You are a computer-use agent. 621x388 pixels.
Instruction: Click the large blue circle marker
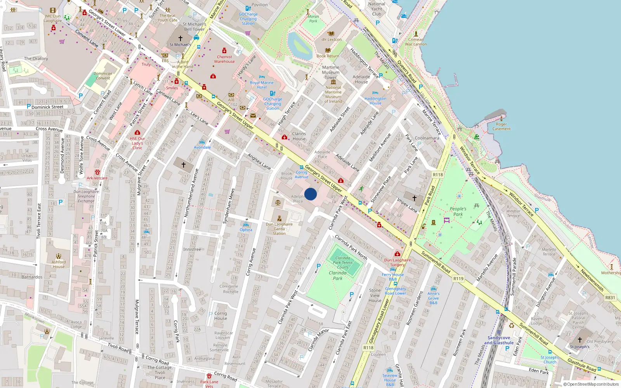coord(310,194)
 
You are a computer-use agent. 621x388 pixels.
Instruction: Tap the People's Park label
coord(458,211)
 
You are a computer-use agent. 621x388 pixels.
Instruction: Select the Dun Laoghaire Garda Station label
coord(279,229)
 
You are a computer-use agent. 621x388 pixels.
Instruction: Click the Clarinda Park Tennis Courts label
coord(343,262)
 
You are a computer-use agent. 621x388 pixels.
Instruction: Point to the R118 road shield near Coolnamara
coord(438,175)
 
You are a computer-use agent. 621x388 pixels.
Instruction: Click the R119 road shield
coord(458,279)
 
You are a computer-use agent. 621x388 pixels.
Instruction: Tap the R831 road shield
coord(610,298)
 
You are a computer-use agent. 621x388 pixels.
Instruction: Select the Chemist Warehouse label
coord(224,59)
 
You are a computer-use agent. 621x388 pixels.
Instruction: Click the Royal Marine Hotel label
coord(262,85)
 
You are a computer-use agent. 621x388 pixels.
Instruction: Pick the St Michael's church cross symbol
coord(180,38)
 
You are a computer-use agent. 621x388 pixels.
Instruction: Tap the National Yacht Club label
coord(376,9)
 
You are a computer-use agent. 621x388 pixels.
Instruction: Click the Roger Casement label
coord(501,126)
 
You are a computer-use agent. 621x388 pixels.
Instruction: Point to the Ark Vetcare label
coord(97,178)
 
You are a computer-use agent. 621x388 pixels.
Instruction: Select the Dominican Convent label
coord(103,76)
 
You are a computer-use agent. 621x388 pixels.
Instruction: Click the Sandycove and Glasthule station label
coord(499,340)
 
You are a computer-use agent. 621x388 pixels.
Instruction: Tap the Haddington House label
coord(375,101)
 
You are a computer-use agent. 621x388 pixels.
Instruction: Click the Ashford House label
coord(59,264)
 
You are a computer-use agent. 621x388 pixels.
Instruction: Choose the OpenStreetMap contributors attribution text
coord(591,384)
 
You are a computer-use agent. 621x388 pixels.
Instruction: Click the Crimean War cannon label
coord(416,42)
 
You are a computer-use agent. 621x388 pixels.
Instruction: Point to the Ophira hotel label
coord(246,230)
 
